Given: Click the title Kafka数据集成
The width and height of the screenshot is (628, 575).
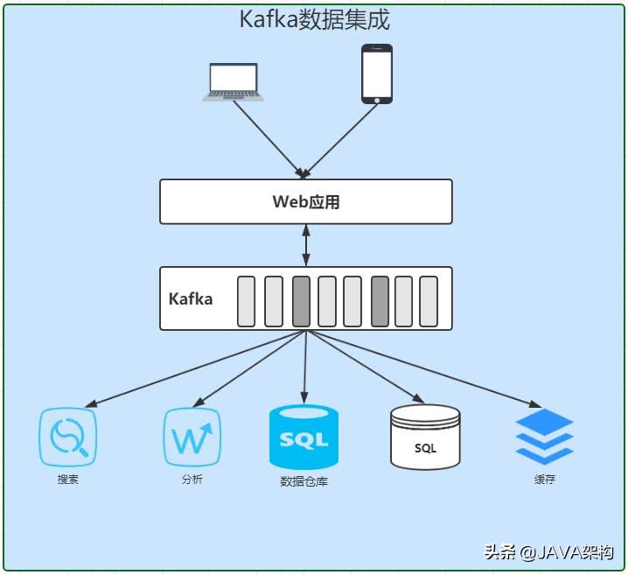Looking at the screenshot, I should [x=314, y=20].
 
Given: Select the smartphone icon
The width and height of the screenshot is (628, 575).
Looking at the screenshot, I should [x=377, y=74].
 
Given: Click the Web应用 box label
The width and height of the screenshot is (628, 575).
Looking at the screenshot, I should [x=305, y=202].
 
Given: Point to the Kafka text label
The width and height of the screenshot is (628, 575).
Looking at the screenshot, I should [x=191, y=298].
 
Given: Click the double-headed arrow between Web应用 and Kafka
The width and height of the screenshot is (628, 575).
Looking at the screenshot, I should [x=305, y=245].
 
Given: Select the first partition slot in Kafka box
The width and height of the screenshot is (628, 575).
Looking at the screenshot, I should [x=246, y=301].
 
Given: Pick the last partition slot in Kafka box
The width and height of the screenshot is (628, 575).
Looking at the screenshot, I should [x=428, y=301].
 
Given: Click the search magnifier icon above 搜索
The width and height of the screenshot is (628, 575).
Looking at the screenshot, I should [x=67, y=437].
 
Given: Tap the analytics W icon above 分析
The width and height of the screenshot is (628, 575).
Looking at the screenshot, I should [x=192, y=437].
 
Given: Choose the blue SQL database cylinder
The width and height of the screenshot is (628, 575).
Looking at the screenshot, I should [x=304, y=437].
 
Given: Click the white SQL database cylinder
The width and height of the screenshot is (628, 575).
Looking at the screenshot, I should [x=425, y=437].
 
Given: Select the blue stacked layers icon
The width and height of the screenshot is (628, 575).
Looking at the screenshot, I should [x=544, y=437].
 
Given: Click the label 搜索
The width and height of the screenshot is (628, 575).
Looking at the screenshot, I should [x=67, y=480].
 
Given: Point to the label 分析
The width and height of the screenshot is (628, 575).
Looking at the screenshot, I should [x=192, y=480].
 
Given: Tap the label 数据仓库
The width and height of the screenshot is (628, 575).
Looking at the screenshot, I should [x=304, y=481].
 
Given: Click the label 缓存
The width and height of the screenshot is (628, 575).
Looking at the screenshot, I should [x=544, y=480].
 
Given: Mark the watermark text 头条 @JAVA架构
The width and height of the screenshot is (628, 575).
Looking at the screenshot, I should [x=548, y=552].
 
